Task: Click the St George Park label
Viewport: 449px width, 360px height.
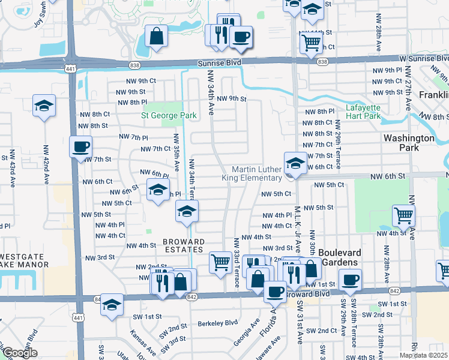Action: point(169,115)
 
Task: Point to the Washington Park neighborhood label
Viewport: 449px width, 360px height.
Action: point(409,142)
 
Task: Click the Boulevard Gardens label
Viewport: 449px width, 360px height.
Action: point(339,257)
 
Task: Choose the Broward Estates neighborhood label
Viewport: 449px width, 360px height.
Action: point(184,246)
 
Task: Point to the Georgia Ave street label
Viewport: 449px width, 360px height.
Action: point(247,331)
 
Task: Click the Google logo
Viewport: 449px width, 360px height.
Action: point(20,353)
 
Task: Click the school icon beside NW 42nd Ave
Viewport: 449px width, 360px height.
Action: point(44,106)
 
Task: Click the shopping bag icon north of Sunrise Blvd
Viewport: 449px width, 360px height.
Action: point(156,36)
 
